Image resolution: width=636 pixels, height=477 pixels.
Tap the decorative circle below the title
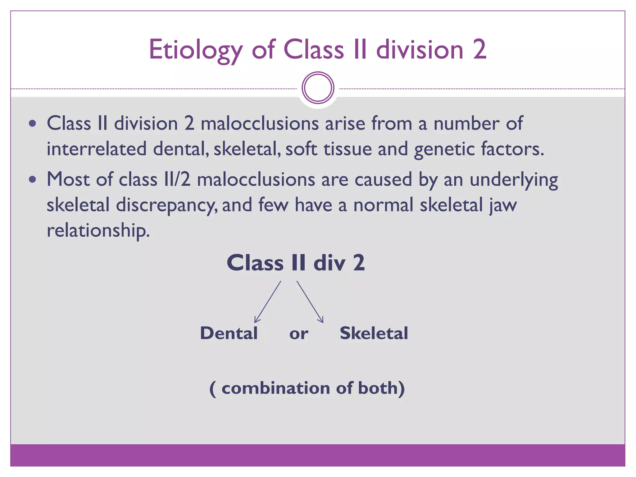click(x=318, y=88)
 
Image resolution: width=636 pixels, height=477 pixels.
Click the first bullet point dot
click(x=32, y=124)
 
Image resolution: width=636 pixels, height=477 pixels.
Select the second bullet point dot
click(x=32, y=179)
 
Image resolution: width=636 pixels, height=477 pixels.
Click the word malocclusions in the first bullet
click(x=260, y=123)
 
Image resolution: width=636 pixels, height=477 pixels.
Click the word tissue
click(x=348, y=149)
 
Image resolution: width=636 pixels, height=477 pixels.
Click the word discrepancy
click(x=167, y=205)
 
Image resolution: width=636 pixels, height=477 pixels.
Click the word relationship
click(x=98, y=230)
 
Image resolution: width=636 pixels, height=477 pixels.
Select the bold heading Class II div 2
click(x=296, y=263)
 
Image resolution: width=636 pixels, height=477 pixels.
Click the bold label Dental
click(x=229, y=333)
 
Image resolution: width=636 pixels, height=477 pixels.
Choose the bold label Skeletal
click(x=374, y=333)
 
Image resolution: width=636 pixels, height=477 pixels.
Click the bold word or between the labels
click(x=299, y=334)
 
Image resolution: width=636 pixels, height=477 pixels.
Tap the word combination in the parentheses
click(x=276, y=388)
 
